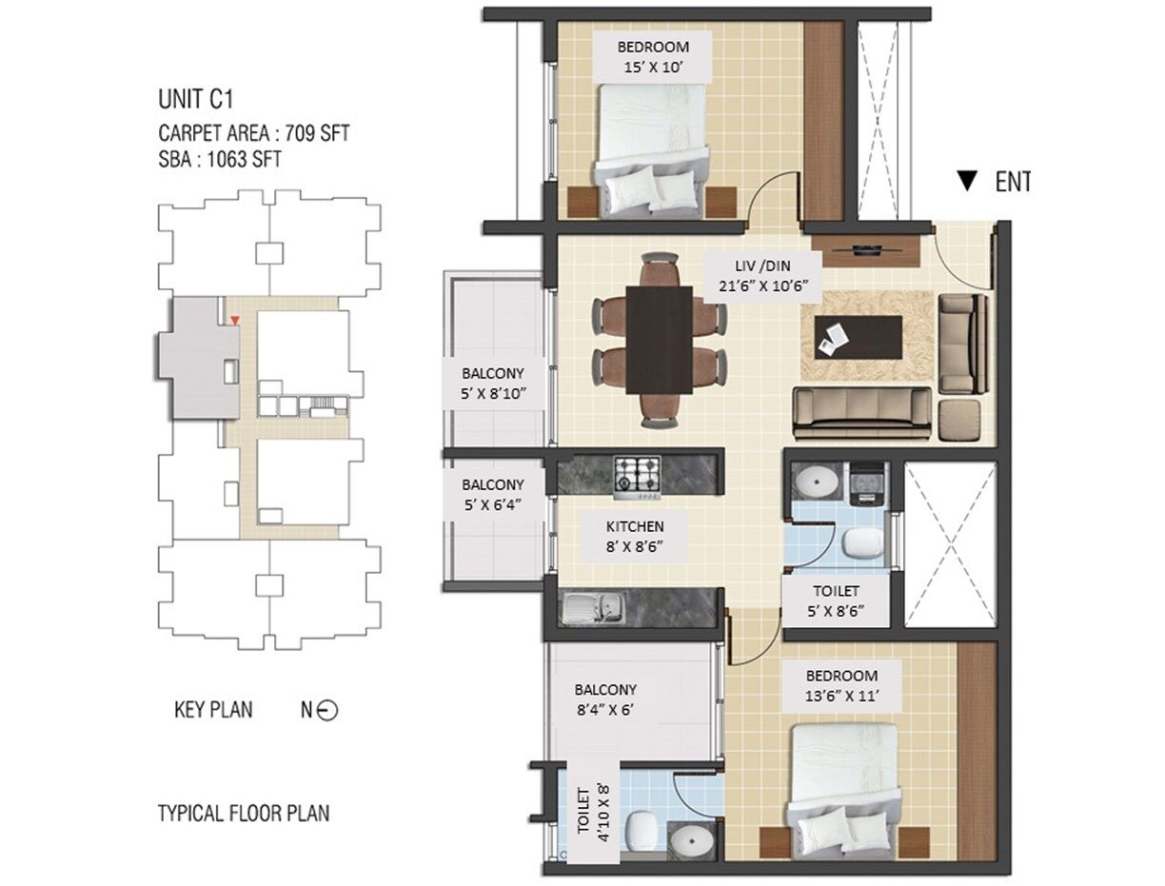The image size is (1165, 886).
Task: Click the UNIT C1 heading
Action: [x=196, y=99]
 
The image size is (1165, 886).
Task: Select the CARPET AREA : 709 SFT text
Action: [x=253, y=132]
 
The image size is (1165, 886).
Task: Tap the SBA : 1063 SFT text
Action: [x=219, y=159]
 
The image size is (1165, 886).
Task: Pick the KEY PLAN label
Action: [x=213, y=710]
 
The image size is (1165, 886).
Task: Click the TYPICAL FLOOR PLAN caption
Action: [x=243, y=814]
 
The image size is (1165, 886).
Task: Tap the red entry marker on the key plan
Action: [x=235, y=322]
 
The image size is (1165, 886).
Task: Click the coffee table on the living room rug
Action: [x=858, y=338]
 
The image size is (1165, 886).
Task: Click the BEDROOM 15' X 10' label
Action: [x=652, y=57]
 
